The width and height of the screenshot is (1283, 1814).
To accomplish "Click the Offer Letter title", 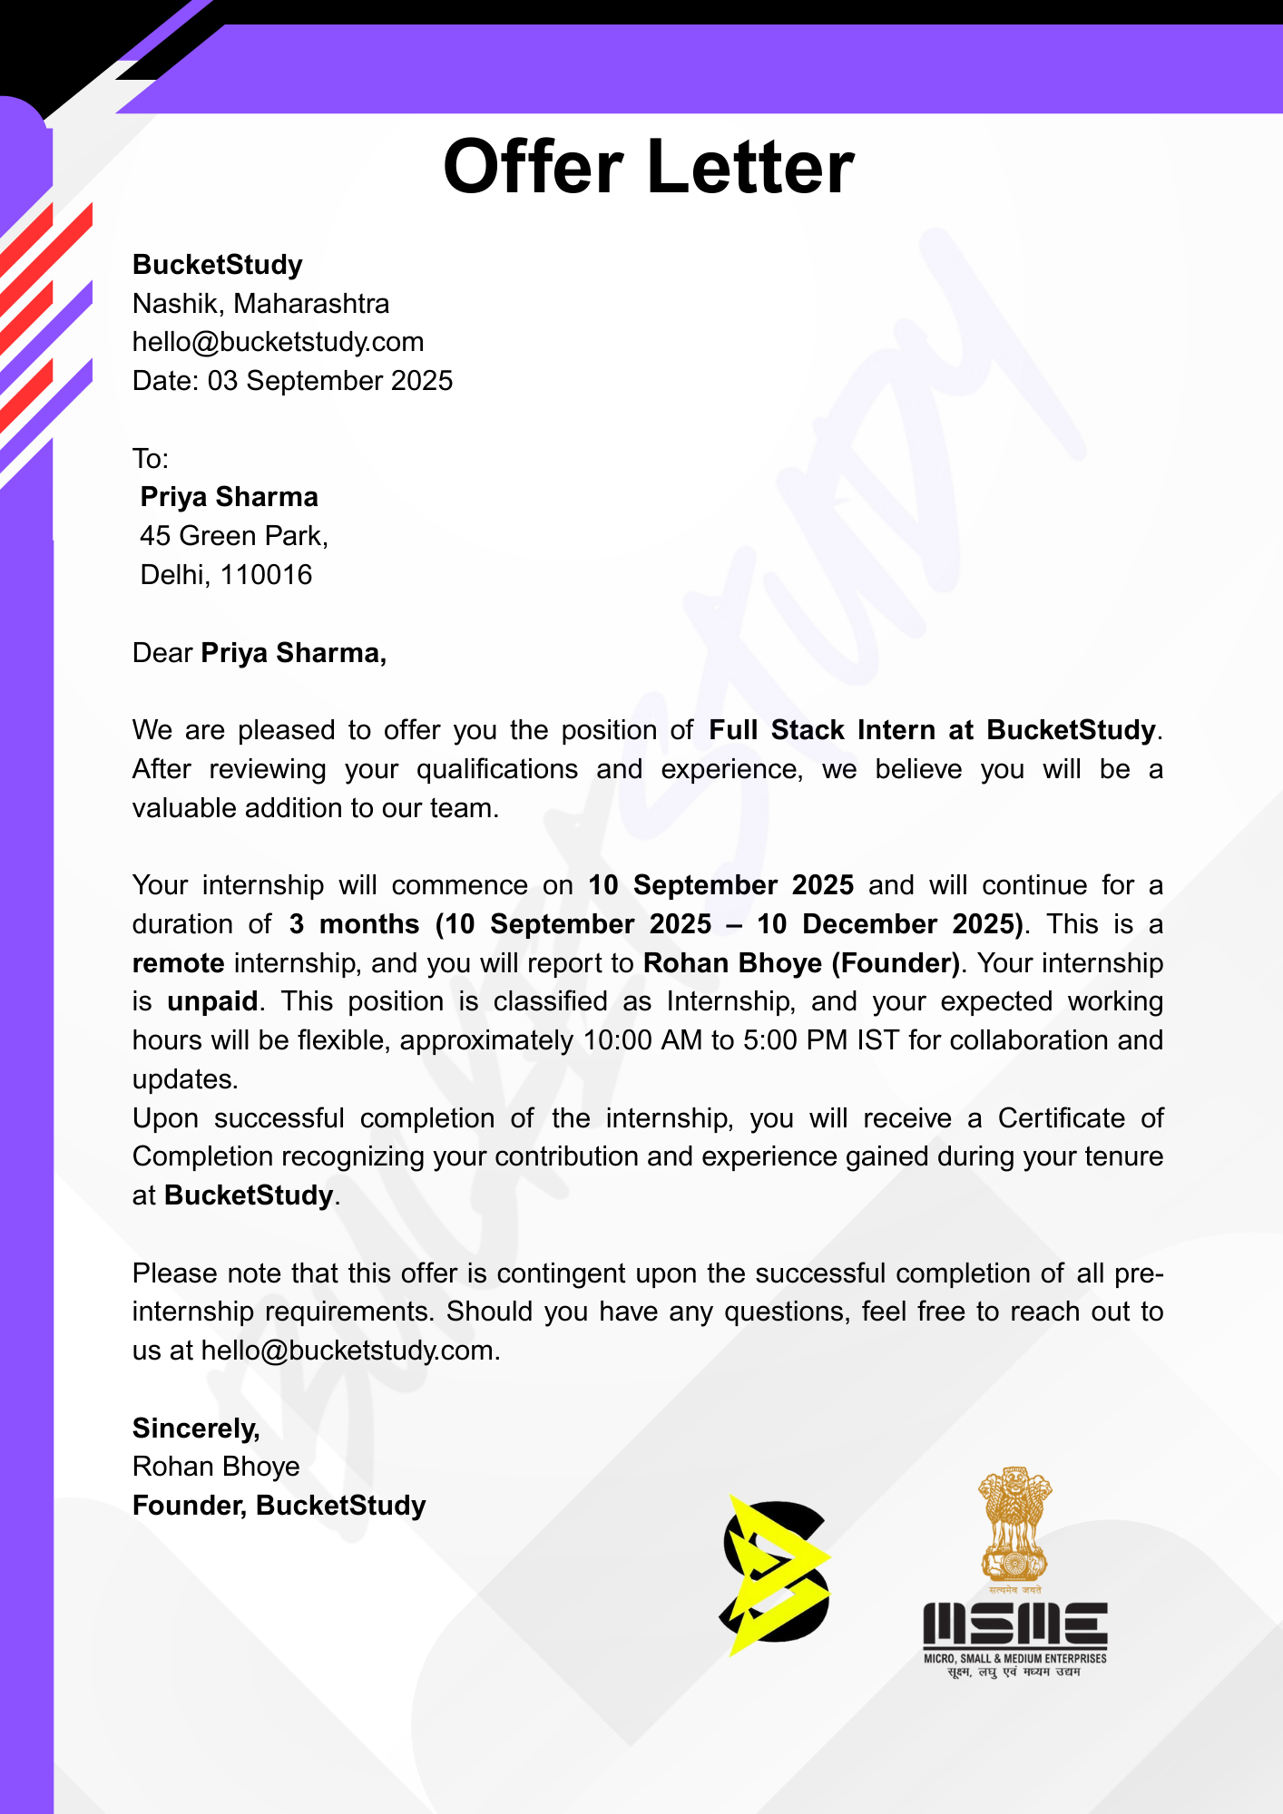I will coord(648,168).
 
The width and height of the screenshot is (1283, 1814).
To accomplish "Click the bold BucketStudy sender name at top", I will coord(218,265).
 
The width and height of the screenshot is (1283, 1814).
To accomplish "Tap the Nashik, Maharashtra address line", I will coord(260,304).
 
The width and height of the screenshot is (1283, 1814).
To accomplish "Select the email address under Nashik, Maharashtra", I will coord(278,342).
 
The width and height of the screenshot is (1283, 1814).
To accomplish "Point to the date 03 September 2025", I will coord(330,381).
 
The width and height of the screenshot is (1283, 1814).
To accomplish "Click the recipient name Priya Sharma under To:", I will coord(229,497).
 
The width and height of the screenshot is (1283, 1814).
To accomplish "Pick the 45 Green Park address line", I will coord(233,536).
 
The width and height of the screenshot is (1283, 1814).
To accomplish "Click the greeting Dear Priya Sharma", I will coord(260,653).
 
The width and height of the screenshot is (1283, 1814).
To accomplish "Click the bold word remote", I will coord(179,963).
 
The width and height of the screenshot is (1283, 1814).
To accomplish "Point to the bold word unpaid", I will coord(212,1001).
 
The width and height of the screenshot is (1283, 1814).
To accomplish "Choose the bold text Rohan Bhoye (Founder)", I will coord(801,963).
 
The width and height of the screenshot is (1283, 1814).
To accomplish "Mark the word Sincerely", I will coord(196,1429).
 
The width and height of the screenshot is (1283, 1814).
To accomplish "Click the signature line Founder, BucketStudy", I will coord(279,1506).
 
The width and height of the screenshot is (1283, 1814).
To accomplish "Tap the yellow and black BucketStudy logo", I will coord(776,1574).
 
